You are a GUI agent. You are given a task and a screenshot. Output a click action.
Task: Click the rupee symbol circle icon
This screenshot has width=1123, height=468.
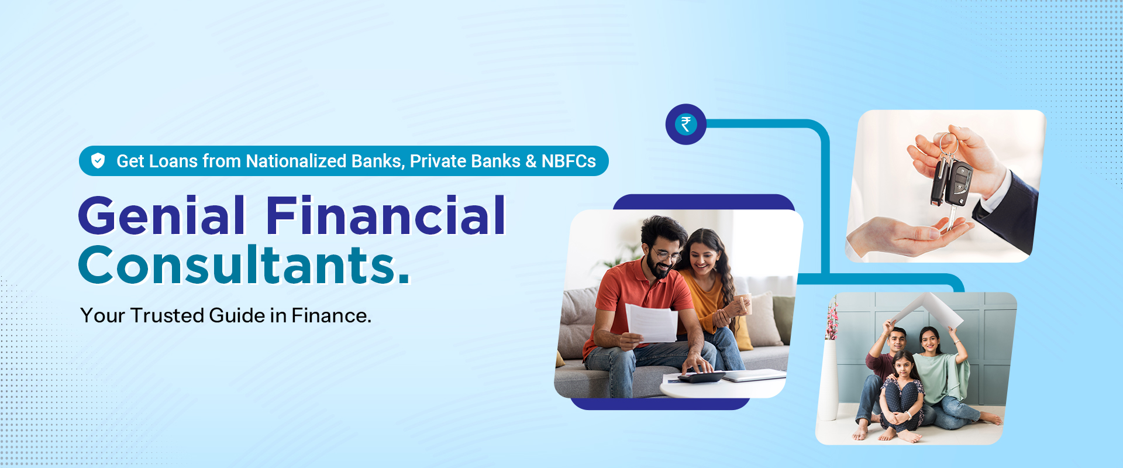[x=686, y=124]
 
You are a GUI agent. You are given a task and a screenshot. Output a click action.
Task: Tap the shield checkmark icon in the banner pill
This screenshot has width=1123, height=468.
[x=98, y=160]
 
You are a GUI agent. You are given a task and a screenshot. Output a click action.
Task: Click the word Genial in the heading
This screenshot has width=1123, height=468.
[x=162, y=216]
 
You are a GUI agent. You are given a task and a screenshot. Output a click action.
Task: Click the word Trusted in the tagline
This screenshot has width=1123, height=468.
[x=167, y=315]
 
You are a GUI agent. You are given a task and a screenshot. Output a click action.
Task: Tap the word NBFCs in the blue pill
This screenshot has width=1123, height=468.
[x=569, y=161]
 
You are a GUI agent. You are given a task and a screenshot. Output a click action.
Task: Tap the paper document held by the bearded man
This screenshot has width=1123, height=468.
[x=652, y=322]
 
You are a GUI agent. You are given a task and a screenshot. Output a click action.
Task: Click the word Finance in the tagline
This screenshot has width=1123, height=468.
[x=331, y=315]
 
